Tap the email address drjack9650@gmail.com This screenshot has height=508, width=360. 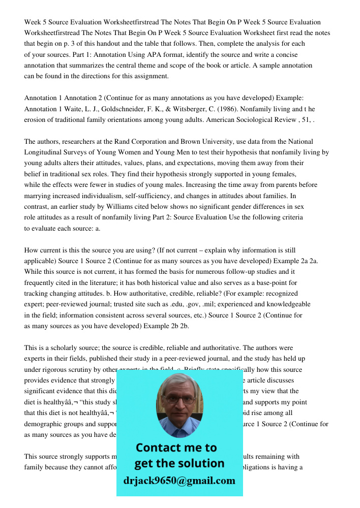coord(179,481)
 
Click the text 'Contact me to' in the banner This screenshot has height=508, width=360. coord(176,448)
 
